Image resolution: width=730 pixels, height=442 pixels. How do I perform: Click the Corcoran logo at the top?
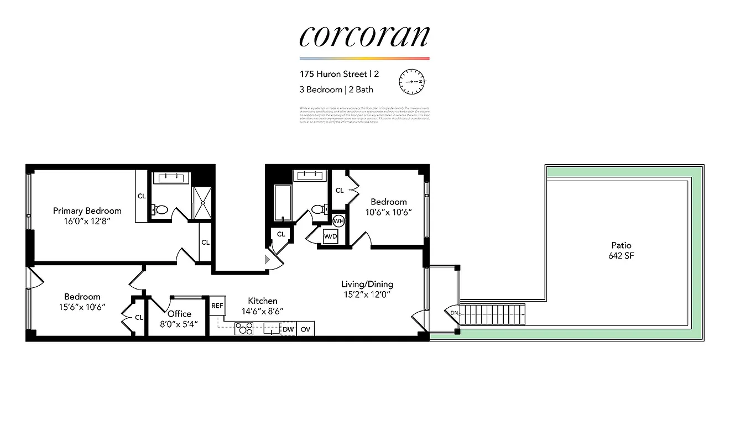coord(364,36)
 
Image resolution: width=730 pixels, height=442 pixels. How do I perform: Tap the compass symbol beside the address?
coord(413,81)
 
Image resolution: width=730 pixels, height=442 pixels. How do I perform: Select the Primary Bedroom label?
coord(87,211)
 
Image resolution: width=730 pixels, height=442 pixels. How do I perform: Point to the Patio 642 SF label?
coord(621,250)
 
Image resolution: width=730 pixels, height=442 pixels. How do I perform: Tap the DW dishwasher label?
coord(288,329)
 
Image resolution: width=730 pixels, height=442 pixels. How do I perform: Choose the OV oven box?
coord(306,329)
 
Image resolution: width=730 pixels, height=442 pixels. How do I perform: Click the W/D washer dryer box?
coord(331,236)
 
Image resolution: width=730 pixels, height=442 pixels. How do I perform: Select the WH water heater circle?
coord(339,222)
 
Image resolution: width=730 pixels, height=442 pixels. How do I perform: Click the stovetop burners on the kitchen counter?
coord(244,329)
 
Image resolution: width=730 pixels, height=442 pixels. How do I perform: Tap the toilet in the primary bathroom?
coord(161,210)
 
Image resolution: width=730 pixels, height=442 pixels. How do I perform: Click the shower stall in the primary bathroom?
coord(201,203)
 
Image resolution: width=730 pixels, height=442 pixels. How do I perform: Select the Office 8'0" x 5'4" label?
coord(179,319)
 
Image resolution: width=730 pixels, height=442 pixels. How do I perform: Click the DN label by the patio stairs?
coord(454,313)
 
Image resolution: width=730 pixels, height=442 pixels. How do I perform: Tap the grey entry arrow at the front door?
coord(268,259)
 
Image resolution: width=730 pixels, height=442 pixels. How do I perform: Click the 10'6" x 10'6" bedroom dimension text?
coord(388,212)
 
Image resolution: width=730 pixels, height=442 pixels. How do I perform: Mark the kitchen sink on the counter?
coord(271,329)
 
